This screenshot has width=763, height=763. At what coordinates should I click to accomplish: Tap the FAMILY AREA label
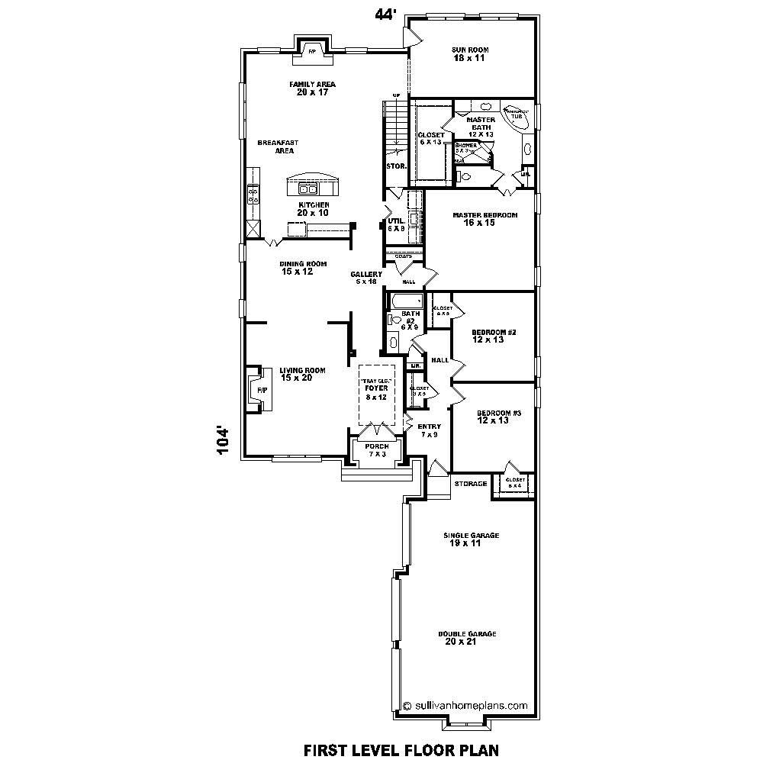[x=312, y=84]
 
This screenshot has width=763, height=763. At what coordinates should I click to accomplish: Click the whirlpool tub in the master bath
[x=517, y=116]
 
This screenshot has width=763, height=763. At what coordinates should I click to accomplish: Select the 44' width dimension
[x=385, y=14]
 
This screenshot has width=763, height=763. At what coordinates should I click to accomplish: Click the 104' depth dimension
[x=223, y=441]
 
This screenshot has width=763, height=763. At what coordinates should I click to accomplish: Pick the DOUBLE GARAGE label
[x=467, y=634]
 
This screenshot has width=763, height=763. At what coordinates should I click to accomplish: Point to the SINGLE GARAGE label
[x=471, y=536]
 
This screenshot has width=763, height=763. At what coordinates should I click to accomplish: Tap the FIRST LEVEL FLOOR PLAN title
[x=401, y=749]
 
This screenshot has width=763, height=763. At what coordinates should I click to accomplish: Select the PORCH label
[x=377, y=446]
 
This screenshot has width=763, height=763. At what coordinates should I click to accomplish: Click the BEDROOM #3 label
[x=499, y=413]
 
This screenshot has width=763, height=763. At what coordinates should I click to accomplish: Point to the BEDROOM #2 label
[x=494, y=332]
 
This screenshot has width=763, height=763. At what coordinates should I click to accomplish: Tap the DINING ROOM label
[x=302, y=264]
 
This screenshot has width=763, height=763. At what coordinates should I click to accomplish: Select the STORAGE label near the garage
[x=470, y=484]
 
